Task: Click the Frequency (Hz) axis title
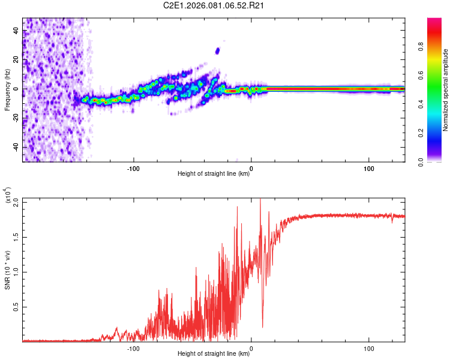7,90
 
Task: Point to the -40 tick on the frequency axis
15,147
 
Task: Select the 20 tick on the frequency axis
16,60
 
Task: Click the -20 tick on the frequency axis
15,118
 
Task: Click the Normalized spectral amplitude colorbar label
446,90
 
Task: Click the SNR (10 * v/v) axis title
7,269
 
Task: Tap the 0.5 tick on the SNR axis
15,307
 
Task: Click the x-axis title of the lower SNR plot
214,353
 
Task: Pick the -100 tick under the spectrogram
133,168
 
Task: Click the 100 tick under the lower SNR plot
369,347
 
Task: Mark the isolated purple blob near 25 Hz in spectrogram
217,51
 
